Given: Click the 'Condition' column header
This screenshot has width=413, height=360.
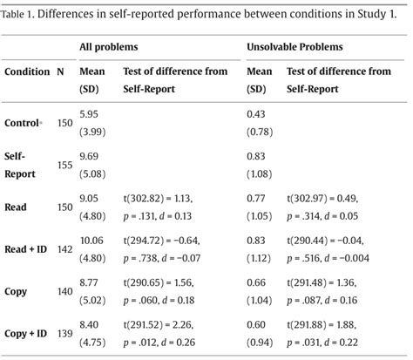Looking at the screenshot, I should pyautogui.click(x=27, y=72).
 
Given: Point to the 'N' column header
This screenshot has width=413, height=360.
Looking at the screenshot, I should pyautogui.click(x=60, y=72).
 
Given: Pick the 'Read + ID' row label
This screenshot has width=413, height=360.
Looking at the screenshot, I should pyautogui.click(x=25, y=249).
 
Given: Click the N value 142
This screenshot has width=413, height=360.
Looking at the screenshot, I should pyautogui.click(x=65, y=249).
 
